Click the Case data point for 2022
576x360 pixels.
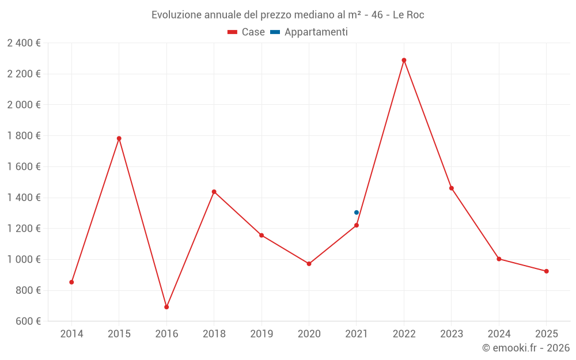point(404,60)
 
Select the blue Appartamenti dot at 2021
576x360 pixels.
point(357,213)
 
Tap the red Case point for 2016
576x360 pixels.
point(166,307)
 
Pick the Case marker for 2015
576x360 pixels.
point(119,138)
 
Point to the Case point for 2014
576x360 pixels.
point(71,282)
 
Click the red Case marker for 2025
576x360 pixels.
point(547,271)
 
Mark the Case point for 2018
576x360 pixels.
point(214,192)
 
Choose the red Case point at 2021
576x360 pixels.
point(357,225)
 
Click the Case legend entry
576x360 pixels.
point(247,32)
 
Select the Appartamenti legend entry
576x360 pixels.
point(309,32)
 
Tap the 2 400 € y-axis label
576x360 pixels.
point(24,43)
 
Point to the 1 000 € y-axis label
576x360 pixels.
point(24,260)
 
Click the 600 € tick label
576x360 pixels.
point(28,321)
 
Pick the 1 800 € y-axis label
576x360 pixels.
point(24,136)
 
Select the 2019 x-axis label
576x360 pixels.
point(262,334)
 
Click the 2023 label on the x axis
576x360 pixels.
point(452,334)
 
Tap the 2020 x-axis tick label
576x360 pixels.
point(309,334)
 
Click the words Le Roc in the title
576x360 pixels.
point(408,15)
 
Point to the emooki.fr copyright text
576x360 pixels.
point(526,348)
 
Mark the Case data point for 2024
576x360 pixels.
point(499,259)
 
